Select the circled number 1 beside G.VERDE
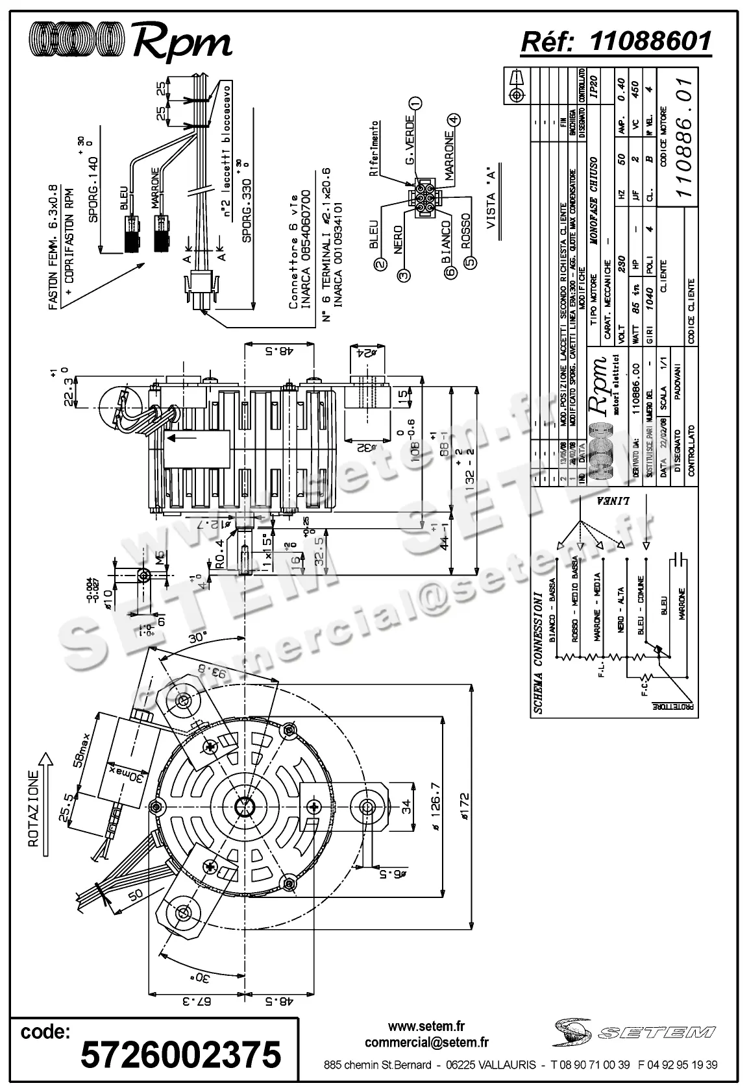click(416, 103)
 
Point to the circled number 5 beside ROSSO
click(472, 263)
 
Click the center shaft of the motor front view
click(245, 807)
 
